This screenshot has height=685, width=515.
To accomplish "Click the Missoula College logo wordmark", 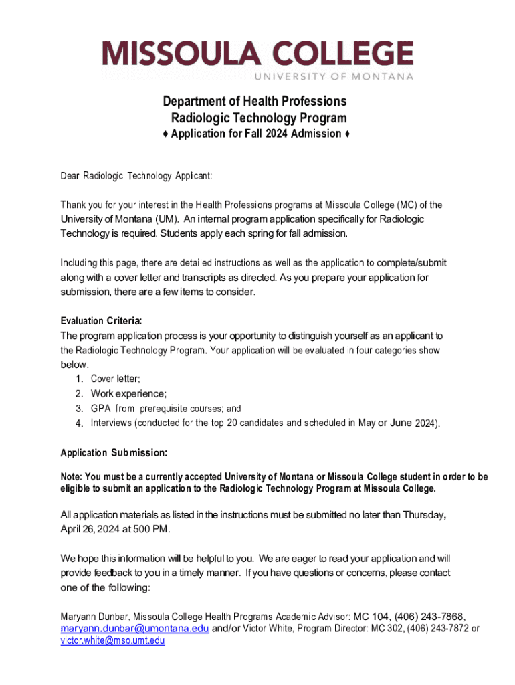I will (257, 54).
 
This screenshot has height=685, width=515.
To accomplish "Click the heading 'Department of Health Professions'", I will (255, 101).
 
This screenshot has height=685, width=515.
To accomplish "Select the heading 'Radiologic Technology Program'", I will (260, 118).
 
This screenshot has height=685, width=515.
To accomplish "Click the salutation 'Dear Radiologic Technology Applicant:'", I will (136, 176).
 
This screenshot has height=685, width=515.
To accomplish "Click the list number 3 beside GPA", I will (78, 408).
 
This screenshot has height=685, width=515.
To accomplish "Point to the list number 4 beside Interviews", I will (78, 423).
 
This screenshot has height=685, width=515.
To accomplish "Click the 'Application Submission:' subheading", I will (114, 453).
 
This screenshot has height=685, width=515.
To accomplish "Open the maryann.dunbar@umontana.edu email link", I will (134, 629).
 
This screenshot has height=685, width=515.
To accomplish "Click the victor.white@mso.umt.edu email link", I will (112, 641).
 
